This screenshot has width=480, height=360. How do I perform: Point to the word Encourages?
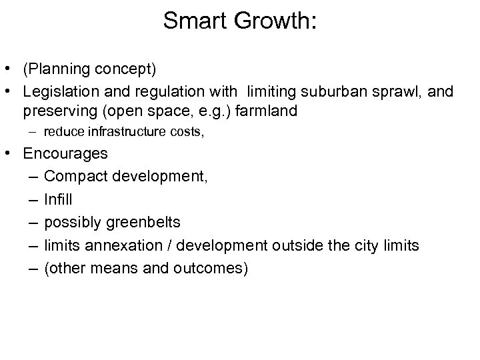point(65,153)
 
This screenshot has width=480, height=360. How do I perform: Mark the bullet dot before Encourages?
point(9,154)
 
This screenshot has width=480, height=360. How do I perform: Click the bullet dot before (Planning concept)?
point(9,69)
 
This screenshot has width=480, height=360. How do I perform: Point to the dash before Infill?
point(33,199)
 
